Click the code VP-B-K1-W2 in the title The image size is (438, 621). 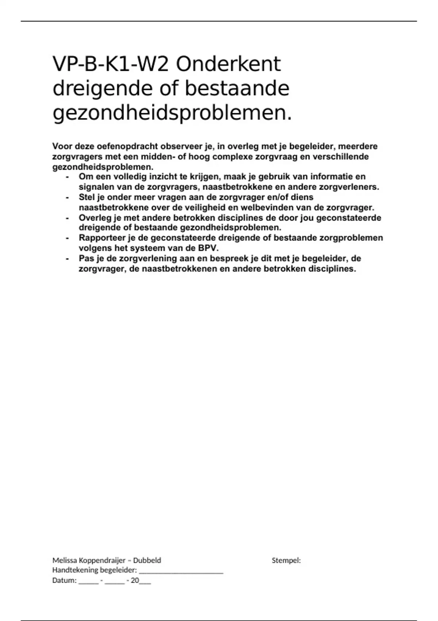111,65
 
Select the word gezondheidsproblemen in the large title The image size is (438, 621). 172,114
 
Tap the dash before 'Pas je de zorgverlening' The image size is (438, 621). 67,258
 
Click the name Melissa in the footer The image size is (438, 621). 64,560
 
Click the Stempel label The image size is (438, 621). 286,560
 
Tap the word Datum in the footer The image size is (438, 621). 64,580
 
